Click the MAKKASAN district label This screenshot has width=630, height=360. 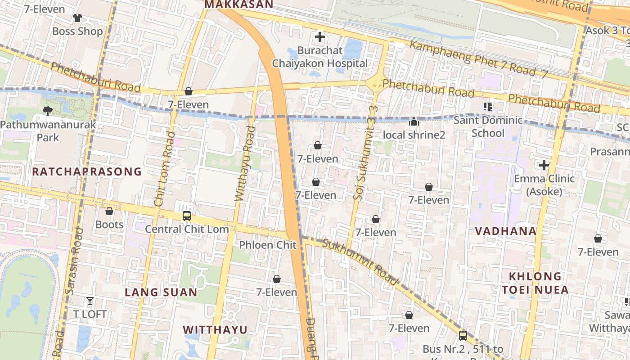[238, 4]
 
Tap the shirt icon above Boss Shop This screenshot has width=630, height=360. [77, 18]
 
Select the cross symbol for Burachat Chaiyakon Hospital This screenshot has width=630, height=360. [320, 37]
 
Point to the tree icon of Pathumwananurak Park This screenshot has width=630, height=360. [47, 110]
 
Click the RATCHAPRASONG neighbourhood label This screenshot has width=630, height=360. [87, 171]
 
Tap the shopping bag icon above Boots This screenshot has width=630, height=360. [109, 211]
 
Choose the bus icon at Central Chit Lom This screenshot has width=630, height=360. [187, 216]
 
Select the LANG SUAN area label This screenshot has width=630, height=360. [161, 292]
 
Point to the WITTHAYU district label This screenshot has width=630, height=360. [215, 330]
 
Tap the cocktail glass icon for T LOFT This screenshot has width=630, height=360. [90, 301]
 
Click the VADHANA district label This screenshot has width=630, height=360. [506, 231]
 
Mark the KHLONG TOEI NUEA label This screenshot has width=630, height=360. [535, 283]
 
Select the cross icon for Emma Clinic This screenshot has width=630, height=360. [544, 165]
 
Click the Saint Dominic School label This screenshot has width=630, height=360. [488, 126]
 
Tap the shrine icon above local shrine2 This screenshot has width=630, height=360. [414, 122]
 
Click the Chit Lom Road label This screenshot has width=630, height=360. [164, 169]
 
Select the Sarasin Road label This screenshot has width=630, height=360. [74, 261]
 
